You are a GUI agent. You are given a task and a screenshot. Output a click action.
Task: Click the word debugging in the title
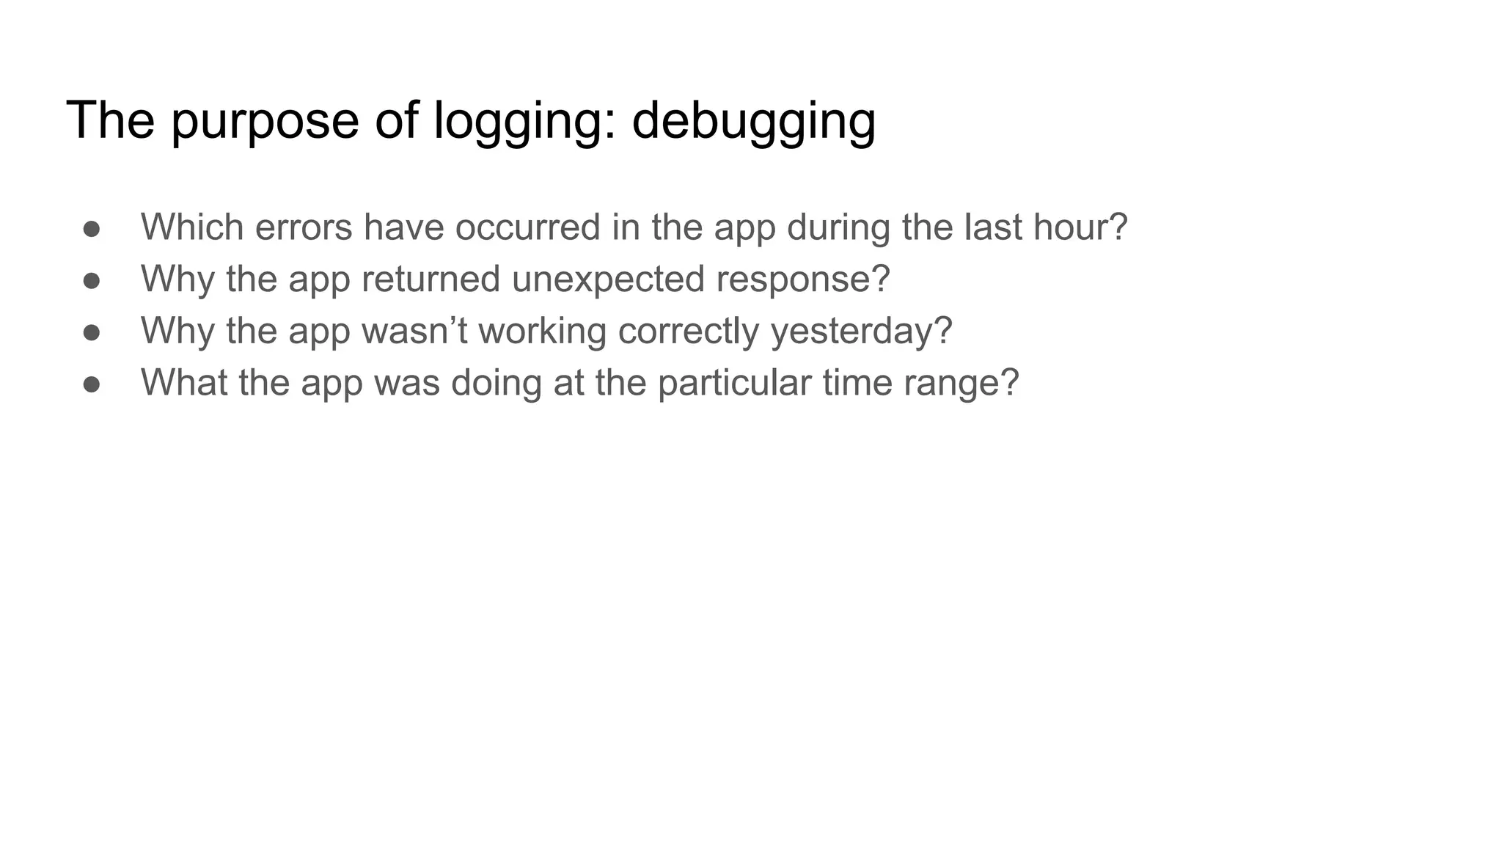click(x=753, y=121)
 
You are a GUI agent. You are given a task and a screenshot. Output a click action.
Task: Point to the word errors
click(x=304, y=227)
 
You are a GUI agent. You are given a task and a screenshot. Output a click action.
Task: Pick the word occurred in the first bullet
click(x=527, y=227)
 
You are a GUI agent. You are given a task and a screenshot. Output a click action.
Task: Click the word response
click(x=795, y=279)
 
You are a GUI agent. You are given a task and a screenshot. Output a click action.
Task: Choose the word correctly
click(x=689, y=330)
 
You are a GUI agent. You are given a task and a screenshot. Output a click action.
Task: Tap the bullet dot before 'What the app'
click(x=92, y=384)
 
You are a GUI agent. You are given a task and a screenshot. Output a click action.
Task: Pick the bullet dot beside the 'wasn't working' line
click(x=92, y=332)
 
